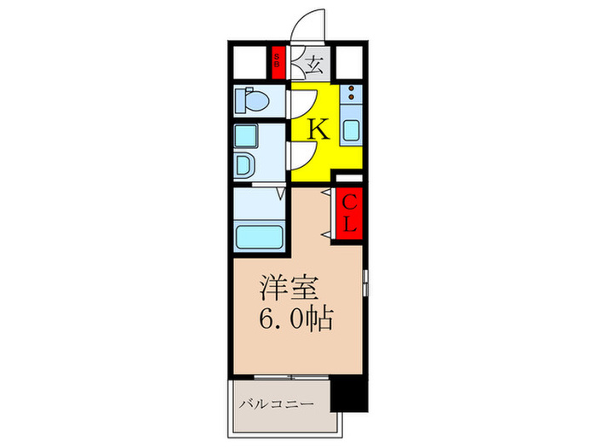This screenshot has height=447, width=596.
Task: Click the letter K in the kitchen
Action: (318, 129)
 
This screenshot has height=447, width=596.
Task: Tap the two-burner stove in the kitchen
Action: (352, 96)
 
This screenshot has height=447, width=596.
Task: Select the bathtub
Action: (259, 235)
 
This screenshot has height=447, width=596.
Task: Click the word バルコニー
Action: (276, 403)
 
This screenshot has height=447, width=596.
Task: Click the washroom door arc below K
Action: (303, 156)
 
